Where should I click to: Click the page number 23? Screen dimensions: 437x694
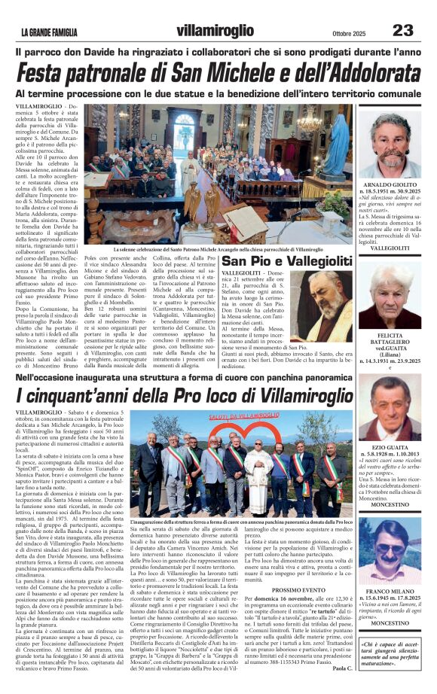[402, 30]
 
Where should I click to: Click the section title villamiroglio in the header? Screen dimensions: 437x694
[215, 31]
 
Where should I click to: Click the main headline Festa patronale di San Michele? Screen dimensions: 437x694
[218, 74]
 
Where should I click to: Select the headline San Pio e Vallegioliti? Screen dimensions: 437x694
[287, 260]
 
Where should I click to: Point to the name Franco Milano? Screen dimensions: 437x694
[396, 593]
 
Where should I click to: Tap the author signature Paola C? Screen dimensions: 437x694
[342, 668]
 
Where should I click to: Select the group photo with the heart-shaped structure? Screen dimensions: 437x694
[241, 461]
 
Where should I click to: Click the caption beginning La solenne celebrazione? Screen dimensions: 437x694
[218, 248]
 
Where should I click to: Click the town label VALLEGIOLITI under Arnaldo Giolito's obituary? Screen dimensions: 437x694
[396, 248]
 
